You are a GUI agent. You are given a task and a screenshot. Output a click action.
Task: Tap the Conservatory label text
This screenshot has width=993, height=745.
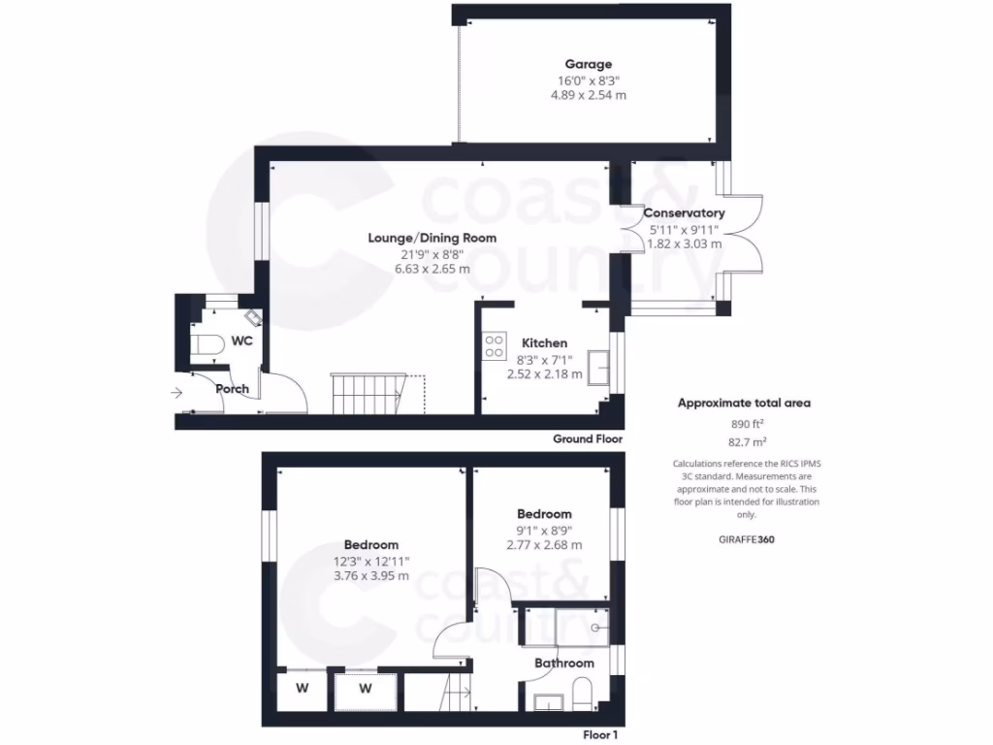point(684,212)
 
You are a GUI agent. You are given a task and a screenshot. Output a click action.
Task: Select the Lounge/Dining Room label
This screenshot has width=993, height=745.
point(432,238)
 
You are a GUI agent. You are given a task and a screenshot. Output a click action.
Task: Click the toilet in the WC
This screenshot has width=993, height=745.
point(208,343)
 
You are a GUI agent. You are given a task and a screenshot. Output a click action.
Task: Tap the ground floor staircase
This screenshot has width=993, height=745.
point(367,393)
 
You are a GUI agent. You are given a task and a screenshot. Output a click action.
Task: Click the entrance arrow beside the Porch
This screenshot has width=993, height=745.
point(176,393)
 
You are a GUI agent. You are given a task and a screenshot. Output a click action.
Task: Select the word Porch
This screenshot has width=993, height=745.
point(232,389)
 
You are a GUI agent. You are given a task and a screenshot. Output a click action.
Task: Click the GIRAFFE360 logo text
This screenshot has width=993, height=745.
point(747,538)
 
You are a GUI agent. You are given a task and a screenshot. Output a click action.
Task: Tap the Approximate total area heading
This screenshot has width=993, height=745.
point(744,403)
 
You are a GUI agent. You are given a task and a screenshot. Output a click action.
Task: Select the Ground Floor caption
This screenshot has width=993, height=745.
point(587,438)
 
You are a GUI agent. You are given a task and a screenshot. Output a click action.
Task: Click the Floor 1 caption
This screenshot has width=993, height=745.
point(599,735)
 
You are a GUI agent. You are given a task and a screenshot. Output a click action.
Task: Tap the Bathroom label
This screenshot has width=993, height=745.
point(564,664)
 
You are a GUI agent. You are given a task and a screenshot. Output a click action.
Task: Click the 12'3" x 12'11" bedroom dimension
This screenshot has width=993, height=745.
point(371,561)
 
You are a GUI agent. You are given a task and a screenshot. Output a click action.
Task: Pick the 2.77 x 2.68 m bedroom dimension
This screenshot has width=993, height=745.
point(544,545)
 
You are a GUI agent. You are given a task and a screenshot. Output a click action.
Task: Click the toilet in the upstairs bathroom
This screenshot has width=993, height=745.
point(582,694)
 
